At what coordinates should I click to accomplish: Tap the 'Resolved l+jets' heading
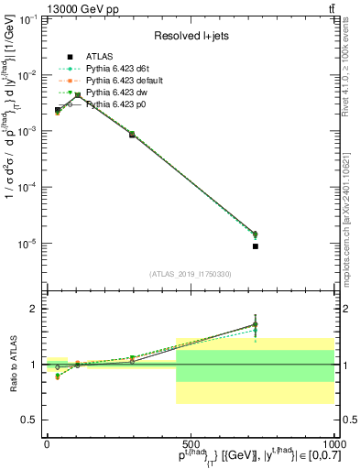[190, 35]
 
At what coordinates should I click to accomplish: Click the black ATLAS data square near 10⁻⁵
[256, 246]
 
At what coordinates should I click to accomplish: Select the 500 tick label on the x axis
[189, 443]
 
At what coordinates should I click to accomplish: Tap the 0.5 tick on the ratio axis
[29, 420]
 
